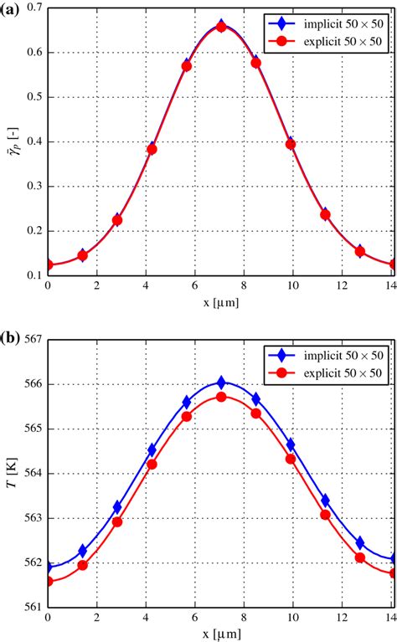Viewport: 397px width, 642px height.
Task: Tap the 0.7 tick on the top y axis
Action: pos(33,8)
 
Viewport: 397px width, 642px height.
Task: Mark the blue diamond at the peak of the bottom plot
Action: pos(221,383)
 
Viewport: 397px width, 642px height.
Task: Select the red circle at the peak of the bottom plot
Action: pos(221,397)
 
